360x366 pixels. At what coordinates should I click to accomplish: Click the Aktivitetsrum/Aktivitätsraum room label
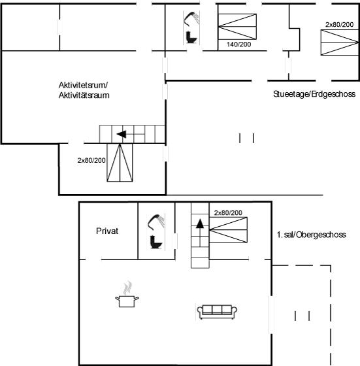84,90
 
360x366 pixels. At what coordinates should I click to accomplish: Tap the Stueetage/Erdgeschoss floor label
314,94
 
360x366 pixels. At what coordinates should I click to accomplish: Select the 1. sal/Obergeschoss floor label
311,235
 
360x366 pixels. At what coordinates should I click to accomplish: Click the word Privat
107,231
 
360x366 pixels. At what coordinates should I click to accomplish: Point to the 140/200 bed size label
239,44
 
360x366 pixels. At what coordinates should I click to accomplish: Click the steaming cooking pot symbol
127,295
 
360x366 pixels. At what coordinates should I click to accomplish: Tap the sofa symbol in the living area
217,312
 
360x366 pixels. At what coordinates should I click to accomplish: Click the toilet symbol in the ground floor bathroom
191,37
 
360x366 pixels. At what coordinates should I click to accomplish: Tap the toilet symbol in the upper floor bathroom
156,242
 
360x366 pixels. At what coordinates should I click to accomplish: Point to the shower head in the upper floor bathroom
155,222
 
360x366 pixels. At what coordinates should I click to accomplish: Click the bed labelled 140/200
237,27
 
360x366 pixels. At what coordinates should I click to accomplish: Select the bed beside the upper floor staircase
229,230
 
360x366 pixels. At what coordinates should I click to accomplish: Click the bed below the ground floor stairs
120,163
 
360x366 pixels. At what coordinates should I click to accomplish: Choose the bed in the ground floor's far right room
340,42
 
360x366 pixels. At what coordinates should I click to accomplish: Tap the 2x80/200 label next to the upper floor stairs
228,212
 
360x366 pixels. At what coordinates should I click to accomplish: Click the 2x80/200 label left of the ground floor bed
91,160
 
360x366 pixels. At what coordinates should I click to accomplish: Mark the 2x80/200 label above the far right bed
340,25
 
